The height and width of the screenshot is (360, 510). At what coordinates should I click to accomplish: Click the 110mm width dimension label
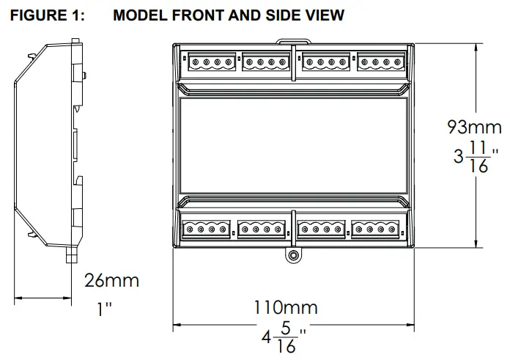[286, 306]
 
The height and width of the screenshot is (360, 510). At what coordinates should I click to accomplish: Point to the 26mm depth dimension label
[111, 280]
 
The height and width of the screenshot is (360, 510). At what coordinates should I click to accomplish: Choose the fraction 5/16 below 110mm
[287, 339]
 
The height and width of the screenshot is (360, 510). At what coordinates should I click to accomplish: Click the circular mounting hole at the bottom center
[293, 256]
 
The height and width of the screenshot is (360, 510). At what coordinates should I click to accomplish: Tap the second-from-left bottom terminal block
[262, 229]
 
